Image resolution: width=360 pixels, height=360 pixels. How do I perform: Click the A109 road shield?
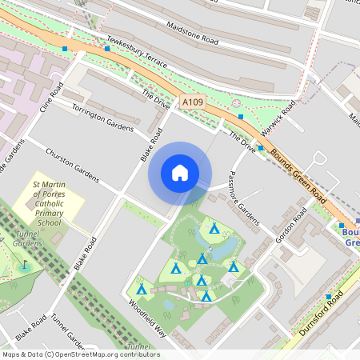tap(192, 102)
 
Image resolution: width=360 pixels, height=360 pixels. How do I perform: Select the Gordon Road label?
tap(291, 226)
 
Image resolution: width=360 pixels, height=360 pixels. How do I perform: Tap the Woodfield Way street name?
tap(146, 319)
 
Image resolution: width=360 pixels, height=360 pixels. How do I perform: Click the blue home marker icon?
tap(180, 173)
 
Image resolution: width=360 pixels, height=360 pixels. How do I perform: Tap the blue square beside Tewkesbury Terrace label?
tap(107, 49)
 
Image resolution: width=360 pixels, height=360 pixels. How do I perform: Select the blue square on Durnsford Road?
tap(328, 297)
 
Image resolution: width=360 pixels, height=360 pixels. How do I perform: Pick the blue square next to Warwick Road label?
tap(241, 117)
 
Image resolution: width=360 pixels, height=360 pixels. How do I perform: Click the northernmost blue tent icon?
tap(214, 227)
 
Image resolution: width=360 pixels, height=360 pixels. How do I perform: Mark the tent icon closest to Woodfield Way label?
tap(142, 289)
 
